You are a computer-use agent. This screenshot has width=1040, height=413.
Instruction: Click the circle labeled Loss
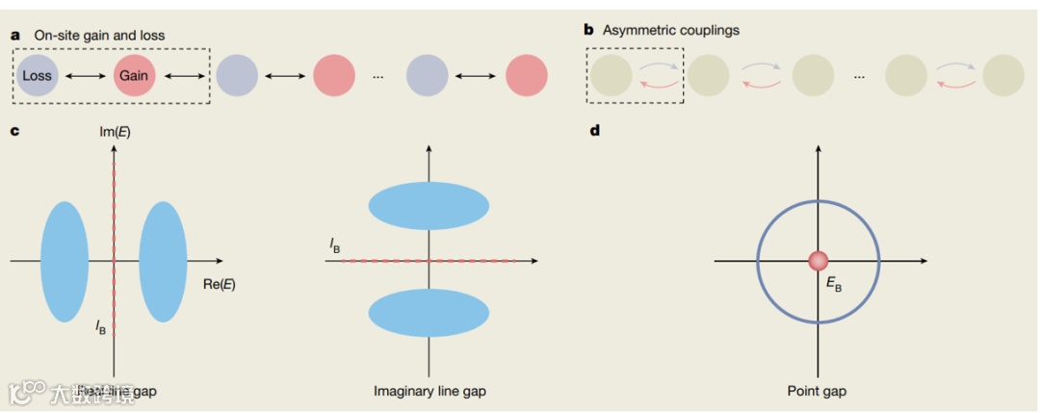[38, 75]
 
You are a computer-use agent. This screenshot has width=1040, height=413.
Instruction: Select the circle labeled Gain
[134, 75]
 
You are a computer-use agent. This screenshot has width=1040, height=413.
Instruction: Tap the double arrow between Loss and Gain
[86, 75]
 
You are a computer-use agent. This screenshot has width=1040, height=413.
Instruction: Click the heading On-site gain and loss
[99, 36]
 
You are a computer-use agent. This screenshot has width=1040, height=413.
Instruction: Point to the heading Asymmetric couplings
[670, 30]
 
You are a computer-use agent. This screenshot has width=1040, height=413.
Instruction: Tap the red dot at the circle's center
[818, 261]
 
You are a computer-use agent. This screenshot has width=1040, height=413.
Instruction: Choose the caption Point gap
[818, 391]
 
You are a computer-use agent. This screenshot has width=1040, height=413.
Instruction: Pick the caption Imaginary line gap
[429, 391]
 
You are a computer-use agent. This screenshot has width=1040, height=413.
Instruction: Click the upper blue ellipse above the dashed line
[429, 205]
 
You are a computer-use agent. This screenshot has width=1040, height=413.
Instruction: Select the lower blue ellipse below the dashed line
[429, 312]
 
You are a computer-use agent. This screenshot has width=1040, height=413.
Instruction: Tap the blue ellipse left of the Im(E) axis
[65, 261]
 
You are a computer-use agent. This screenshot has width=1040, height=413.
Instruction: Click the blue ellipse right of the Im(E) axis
[163, 261]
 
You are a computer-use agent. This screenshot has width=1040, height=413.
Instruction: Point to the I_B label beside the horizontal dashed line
[334, 248]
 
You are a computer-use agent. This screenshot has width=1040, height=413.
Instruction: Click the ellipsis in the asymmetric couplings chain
[858, 76]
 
